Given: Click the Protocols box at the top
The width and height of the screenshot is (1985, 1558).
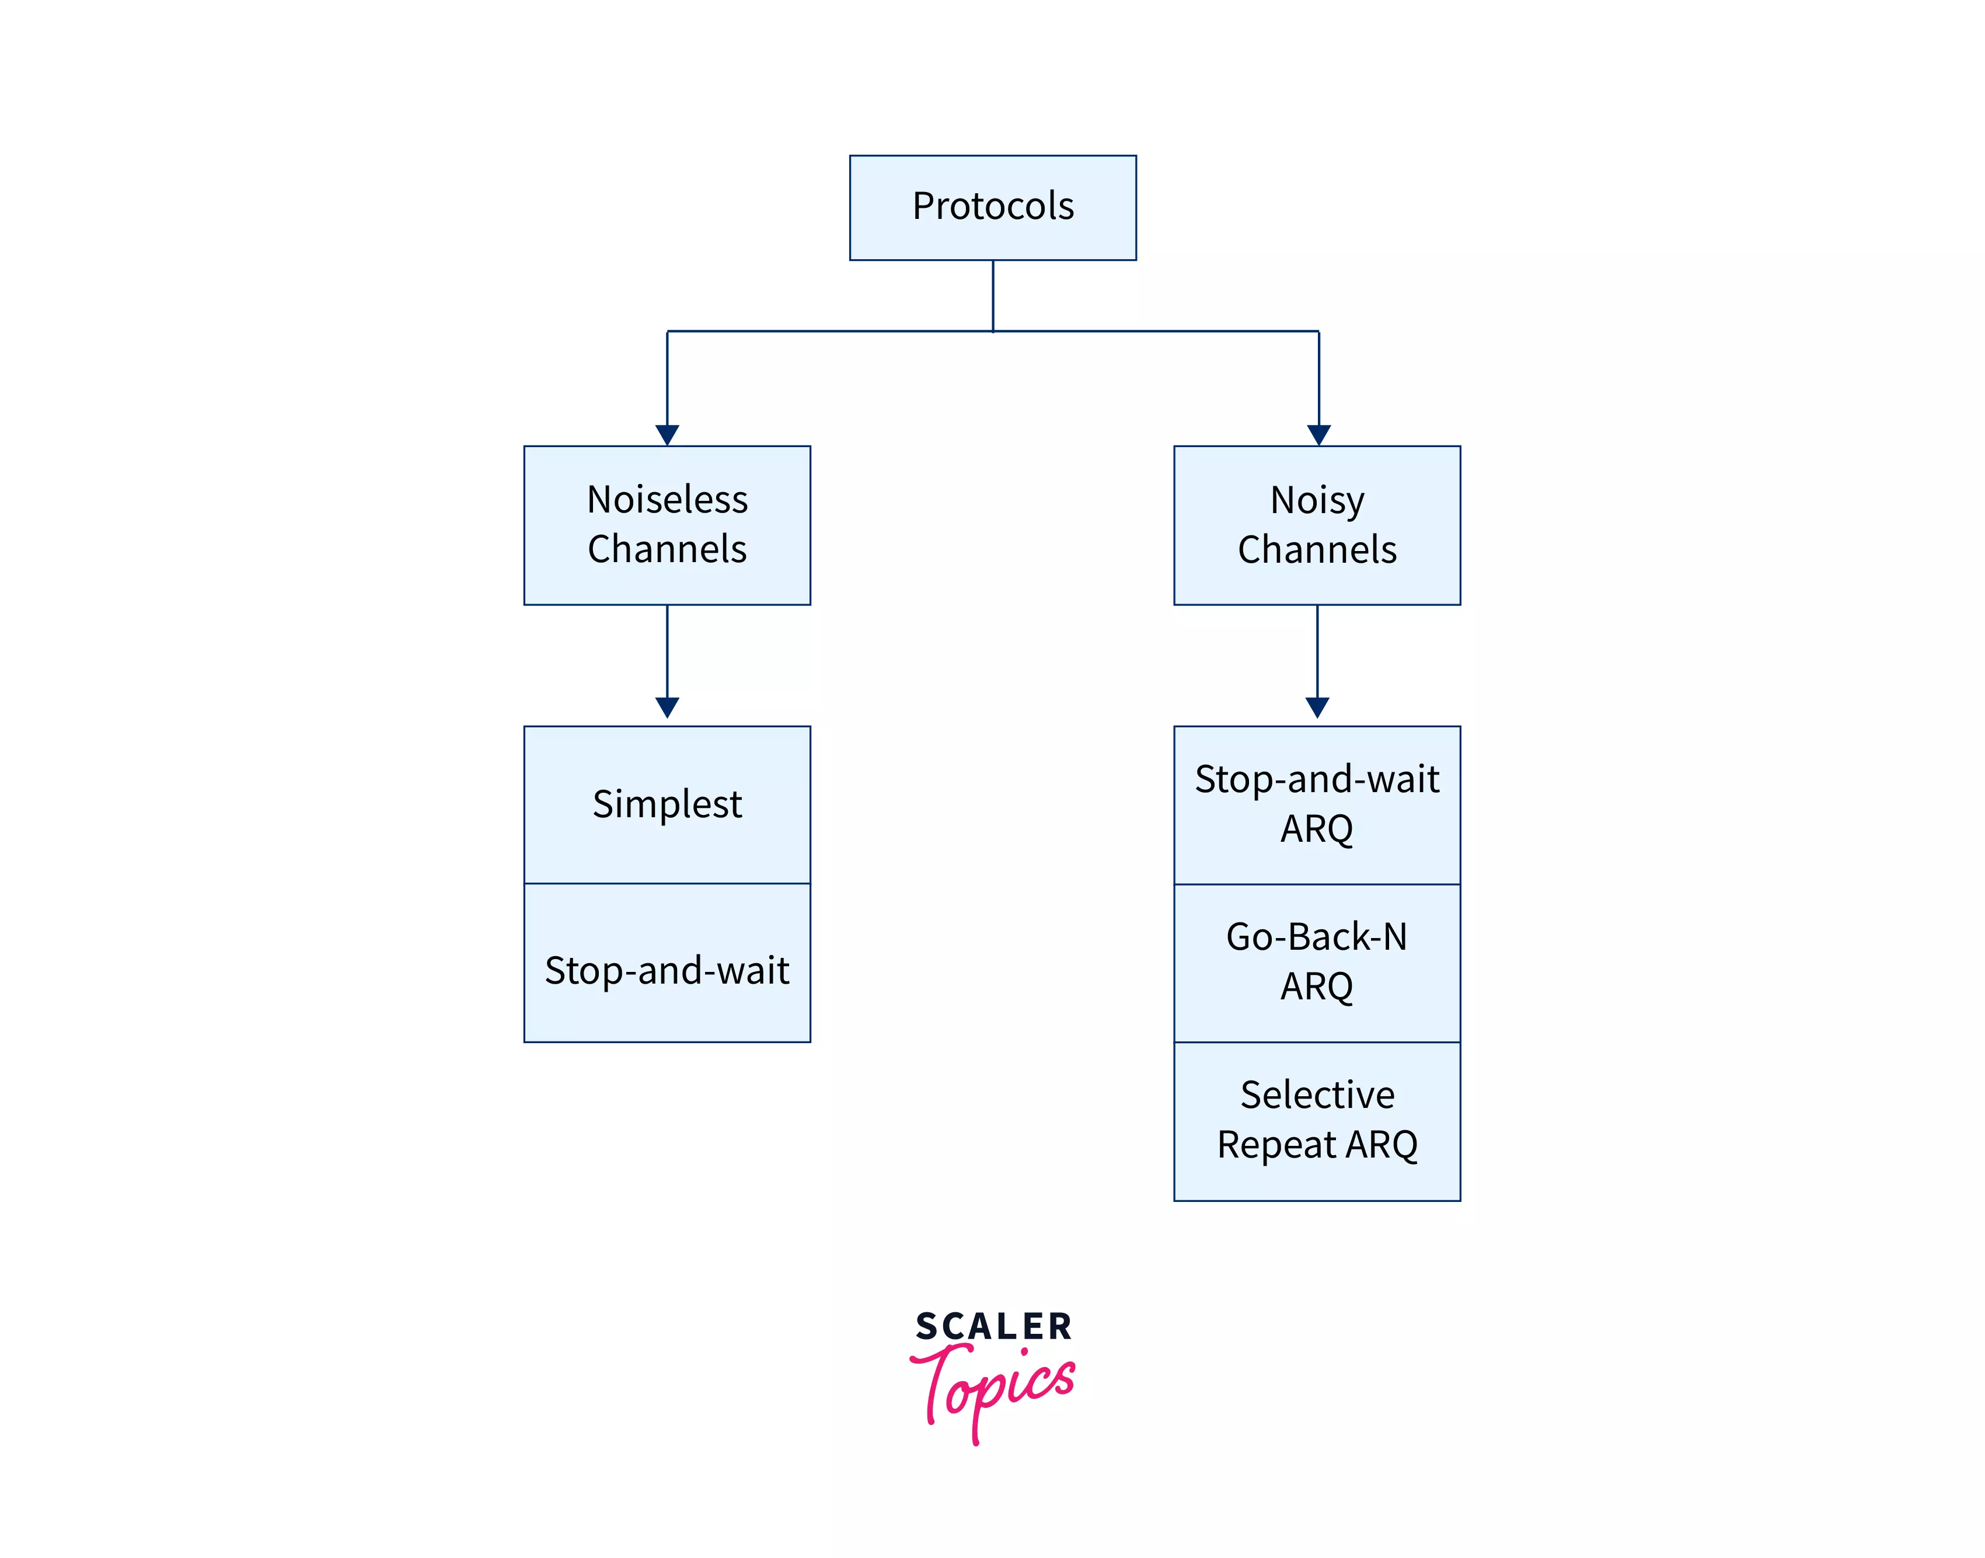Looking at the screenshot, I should tap(992, 207).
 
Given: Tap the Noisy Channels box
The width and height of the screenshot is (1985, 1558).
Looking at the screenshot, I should tap(1317, 525).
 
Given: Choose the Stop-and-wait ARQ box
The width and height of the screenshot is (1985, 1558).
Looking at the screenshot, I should tap(1317, 804).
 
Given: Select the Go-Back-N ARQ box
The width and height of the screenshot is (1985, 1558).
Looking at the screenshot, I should tap(1317, 963).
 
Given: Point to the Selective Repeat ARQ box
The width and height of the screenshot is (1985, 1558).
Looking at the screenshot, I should tap(1317, 1120).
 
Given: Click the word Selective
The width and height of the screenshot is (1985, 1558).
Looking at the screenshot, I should tap(1317, 1095).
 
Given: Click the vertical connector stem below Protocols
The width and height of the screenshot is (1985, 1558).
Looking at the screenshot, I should tap(992, 295).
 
